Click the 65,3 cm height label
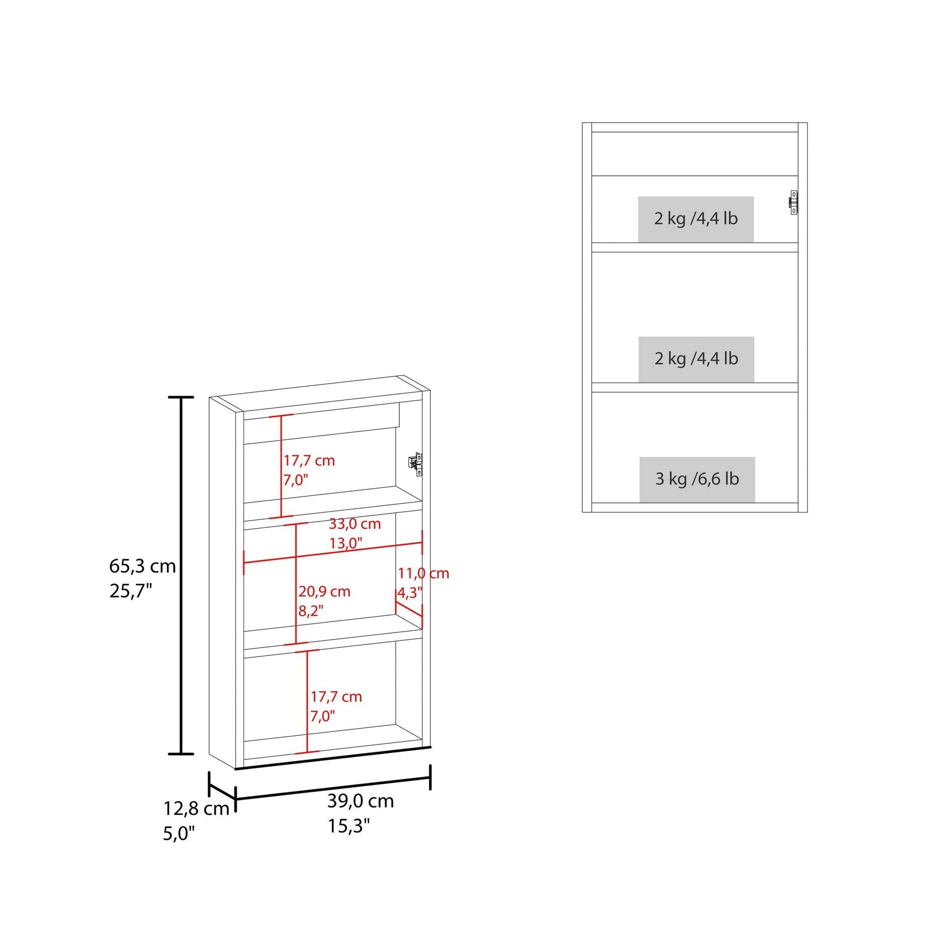pyautogui.click(x=143, y=567)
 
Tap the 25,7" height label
pyautogui.click(x=131, y=592)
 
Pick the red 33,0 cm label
pyautogui.click(x=355, y=524)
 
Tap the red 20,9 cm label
pyautogui.click(x=325, y=591)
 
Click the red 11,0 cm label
pyautogui.click(x=424, y=573)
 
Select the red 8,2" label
pyautogui.click(x=311, y=611)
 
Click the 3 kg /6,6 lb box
pyautogui.click(x=697, y=479)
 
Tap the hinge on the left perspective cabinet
pyautogui.click(x=415, y=464)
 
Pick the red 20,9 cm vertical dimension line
pyautogui.click(x=296, y=584)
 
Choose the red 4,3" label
pyautogui.click(x=410, y=593)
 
